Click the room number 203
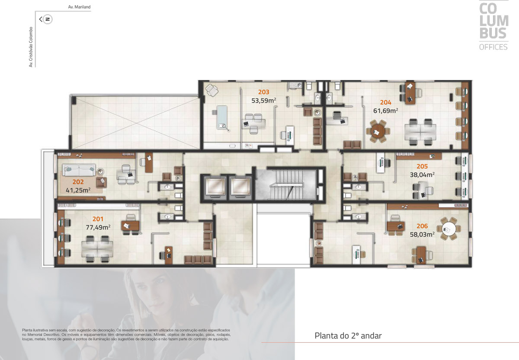tap(264, 92)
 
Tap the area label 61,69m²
tap(385, 111)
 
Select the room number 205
tap(422, 166)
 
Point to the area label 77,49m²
tap(98, 227)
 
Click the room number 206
tap(422, 226)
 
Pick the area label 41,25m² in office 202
tap(78, 190)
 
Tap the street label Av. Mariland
tap(79, 7)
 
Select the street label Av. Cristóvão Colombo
tap(31, 47)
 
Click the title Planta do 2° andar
tap(348, 336)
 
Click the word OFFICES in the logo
tap(493, 47)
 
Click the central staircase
tap(286, 185)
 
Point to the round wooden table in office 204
tap(378, 131)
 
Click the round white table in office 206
tap(449, 229)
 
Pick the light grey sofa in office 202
tap(79, 170)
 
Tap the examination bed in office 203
tap(222, 118)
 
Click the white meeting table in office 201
tap(97, 249)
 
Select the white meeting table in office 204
tap(420, 132)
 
